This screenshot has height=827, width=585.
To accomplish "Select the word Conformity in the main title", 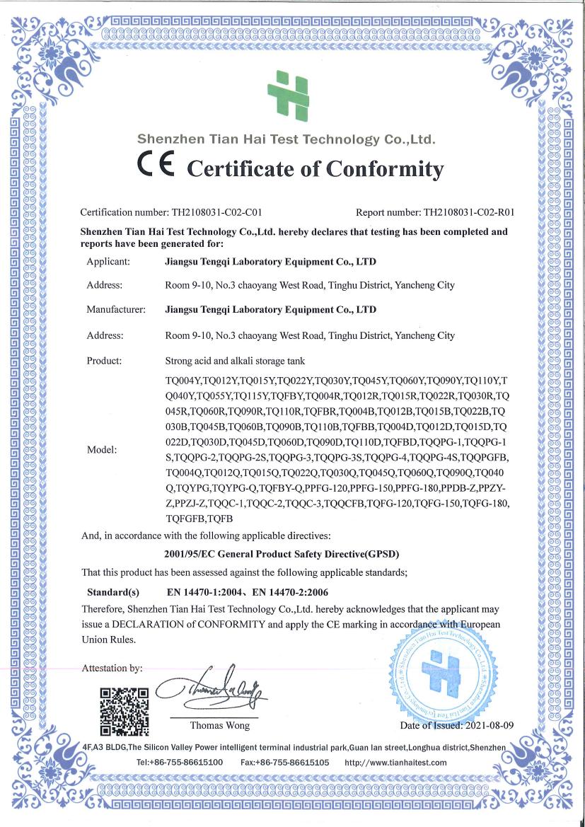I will point(383,170).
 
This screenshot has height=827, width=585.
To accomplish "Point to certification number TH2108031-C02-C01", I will point(218,212).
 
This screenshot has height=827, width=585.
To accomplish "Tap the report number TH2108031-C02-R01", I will point(468,212).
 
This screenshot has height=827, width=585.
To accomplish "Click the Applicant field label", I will point(108,262).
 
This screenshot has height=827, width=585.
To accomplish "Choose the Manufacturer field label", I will point(116,309).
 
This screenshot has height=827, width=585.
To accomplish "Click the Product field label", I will point(104,361).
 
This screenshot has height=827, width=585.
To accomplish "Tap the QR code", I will point(124,710).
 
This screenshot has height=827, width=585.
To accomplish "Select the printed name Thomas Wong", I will point(219,725).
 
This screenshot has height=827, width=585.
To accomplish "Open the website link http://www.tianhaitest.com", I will point(395,762).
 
